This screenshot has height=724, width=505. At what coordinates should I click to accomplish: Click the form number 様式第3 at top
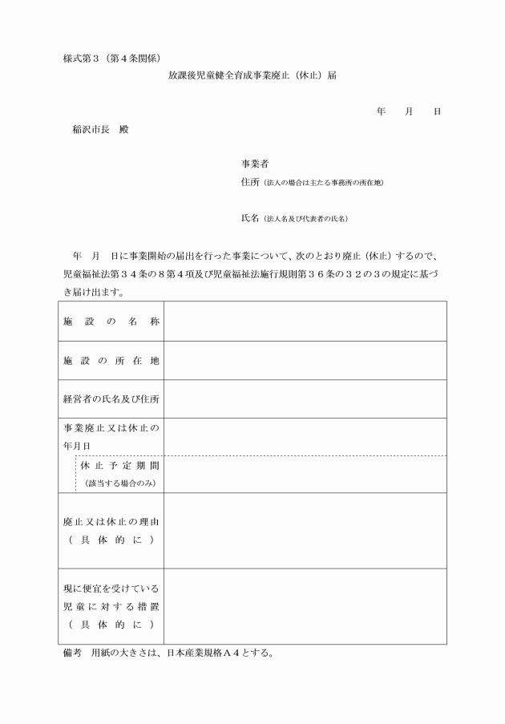pyautogui.click(x=83, y=58)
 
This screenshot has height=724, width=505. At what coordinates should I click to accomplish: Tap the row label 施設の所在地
pyautogui.click(x=111, y=361)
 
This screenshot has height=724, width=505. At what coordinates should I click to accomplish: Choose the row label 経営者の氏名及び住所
pyautogui.click(x=111, y=400)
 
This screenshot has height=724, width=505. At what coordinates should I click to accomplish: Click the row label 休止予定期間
pyautogui.click(x=120, y=465)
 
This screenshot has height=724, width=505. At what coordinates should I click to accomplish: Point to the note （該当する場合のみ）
pyautogui.click(x=119, y=483)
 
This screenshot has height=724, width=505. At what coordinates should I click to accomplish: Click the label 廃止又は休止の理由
pyautogui.click(x=111, y=522)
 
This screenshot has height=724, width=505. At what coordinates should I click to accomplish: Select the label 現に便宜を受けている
pyautogui.click(x=111, y=589)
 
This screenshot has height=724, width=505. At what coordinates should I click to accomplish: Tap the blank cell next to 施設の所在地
pyautogui.click(x=305, y=361)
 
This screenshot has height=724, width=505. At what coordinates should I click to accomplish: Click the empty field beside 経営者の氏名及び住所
pyautogui.click(x=305, y=400)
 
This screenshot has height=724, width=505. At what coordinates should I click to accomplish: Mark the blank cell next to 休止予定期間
pyautogui.click(x=305, y=474)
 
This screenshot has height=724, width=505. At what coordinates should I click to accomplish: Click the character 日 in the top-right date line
pyautogui.click(x=437, y=111)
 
